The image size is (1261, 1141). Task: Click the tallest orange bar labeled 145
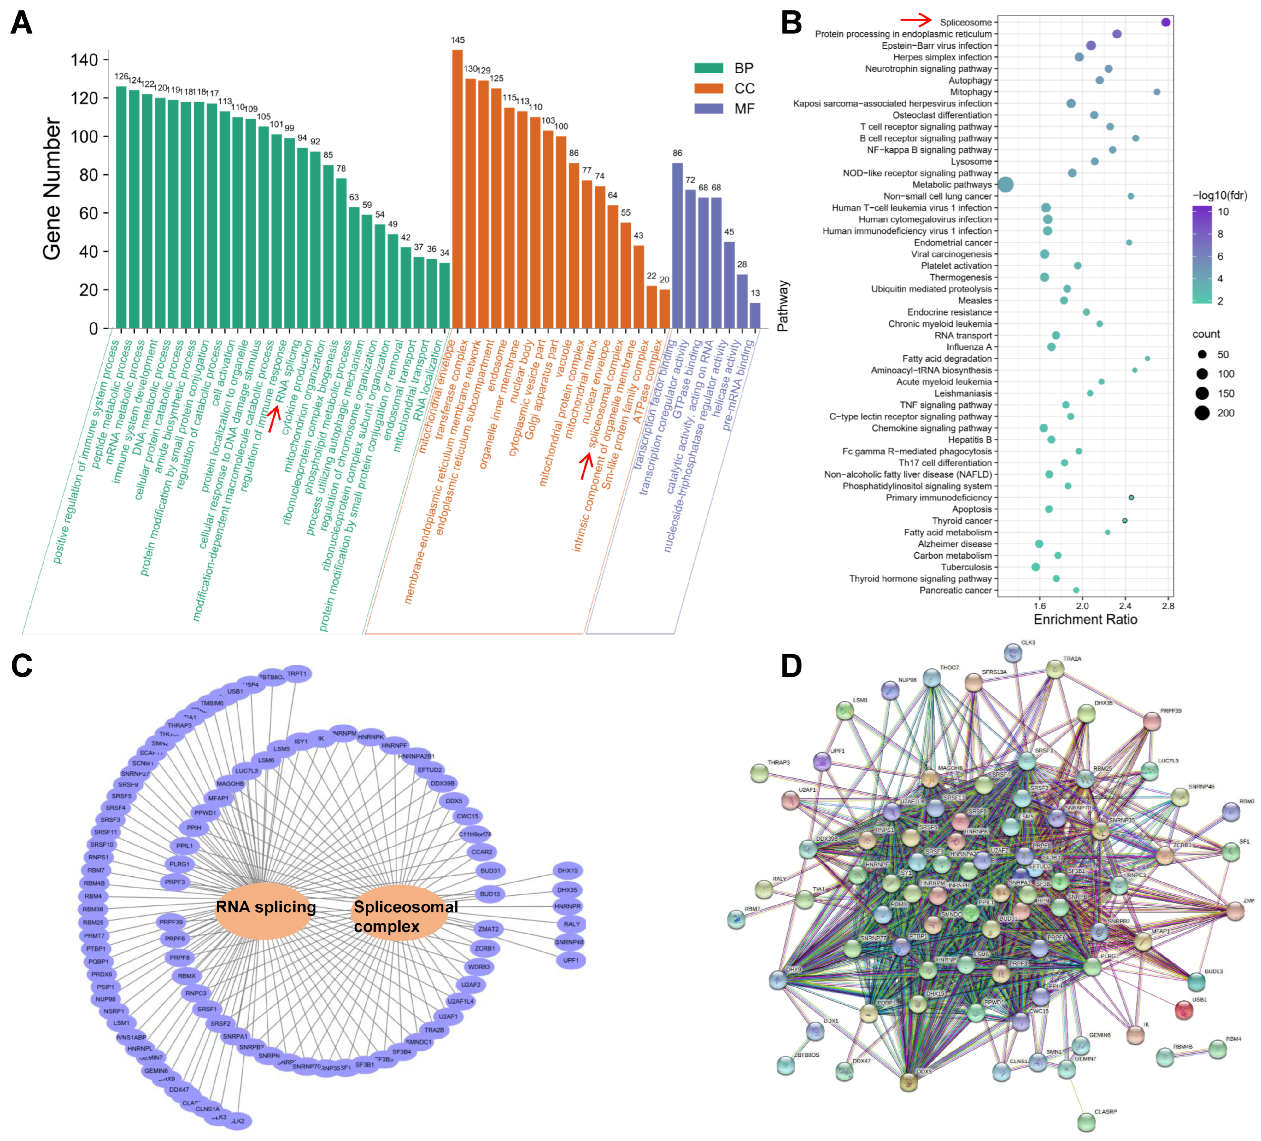(457, 188)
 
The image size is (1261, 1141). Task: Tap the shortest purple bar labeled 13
(755, 316)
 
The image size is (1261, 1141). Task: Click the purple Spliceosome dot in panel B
(1165, 22)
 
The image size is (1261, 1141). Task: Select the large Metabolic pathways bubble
(1005, 184)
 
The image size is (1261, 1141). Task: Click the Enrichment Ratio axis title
(1085, 619)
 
